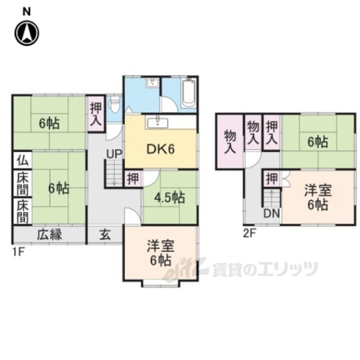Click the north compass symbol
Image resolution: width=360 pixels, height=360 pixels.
[x=27, y=33]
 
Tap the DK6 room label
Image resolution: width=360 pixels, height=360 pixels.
[x=160, y=149]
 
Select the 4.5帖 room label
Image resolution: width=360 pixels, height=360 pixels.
[x=169, y=197]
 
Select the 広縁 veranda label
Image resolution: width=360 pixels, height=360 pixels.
[x=49, y=235]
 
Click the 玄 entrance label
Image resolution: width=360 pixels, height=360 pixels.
[x=106, y=235]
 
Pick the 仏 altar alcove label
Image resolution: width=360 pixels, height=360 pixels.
[x=21, y=159]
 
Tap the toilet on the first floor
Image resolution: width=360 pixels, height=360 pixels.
[x=115, y=105]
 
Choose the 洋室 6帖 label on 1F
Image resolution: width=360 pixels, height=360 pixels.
[x=160, y=253]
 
